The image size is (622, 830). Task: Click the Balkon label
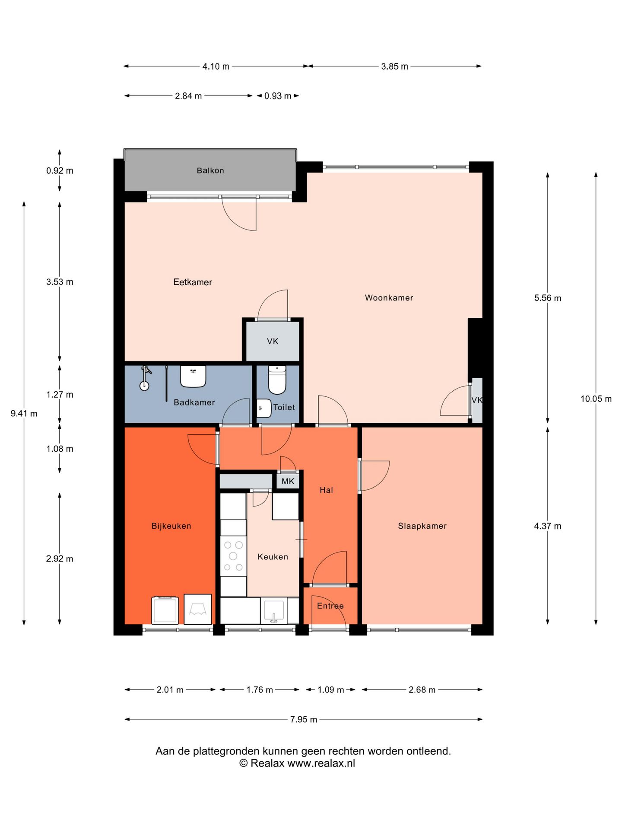tap(210, 171)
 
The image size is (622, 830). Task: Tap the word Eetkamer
tap(193, 282)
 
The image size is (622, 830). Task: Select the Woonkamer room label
tap(389, 298)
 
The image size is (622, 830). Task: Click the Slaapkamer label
tap(422, 526)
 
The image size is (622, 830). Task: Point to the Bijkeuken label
tap(171, 526)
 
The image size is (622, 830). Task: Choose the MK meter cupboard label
tap(288, 481)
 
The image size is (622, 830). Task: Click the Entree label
tap(330, 606)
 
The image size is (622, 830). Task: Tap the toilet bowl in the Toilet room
tap(277, 380)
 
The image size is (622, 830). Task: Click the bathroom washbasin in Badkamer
tap(193, 377)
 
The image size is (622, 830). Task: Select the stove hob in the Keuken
tap(233, 556)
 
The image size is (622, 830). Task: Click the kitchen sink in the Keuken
tap(273, 610)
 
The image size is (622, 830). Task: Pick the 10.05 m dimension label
tap(596, 399)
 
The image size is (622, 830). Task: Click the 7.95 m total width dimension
tap(304, 719)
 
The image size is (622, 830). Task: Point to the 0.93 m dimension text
tap(278, 96)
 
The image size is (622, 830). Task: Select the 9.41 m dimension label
tap(24, 414)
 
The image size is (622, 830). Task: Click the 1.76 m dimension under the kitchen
tap(260, 690)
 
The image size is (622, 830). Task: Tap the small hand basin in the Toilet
tap(264, 408)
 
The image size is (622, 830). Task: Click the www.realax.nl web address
tap(321, 763)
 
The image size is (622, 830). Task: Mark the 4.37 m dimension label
tap(548, 526)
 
